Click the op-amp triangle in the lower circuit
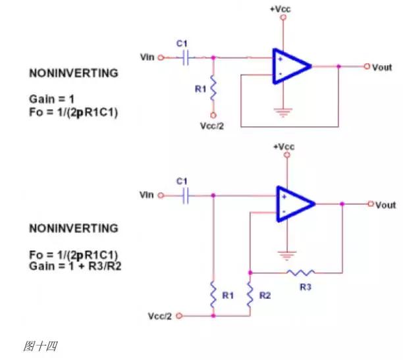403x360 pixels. (294, 204)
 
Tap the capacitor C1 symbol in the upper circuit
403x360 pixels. (185, 57)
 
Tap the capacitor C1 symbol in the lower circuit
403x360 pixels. (185, 195)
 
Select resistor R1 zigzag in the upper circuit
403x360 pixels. (213, 89)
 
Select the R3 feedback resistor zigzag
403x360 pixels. (301, 271)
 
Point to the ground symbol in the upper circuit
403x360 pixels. (284, 112)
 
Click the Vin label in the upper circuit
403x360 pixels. (148, 57)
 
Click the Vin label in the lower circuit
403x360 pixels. (147, 195)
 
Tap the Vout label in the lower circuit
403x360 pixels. (385, 205)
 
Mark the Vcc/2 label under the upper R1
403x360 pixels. (213, 125)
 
